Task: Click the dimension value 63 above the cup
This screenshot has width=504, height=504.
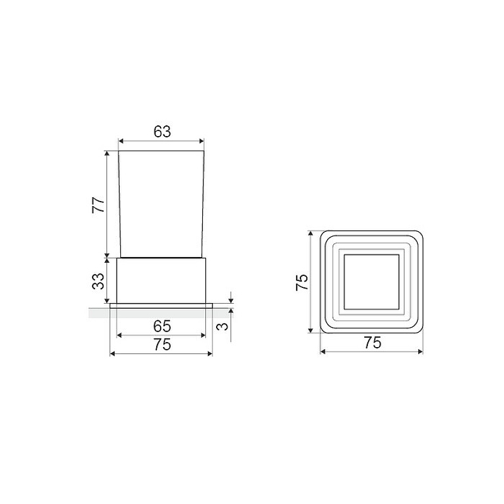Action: click(162, 132)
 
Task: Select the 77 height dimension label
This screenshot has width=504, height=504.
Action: click(98, 205)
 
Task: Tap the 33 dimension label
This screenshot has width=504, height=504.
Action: click(98, 280)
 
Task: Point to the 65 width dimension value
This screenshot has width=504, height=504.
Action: click(162, 326)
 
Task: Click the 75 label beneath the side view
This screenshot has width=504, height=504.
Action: click(162, 345)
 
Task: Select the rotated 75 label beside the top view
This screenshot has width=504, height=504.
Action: click(302, 282)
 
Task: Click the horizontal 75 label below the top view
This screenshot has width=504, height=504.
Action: click(372, 343)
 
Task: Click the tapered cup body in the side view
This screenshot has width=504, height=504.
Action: click(162, 202)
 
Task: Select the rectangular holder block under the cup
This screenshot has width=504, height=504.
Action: click(162, 280)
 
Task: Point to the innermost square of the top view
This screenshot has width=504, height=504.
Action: click(372, 281)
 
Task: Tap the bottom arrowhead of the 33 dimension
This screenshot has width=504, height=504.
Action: click(108, 301)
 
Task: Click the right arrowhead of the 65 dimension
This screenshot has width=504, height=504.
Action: click(203, 335)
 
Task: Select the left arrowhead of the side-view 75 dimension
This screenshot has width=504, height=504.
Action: click(113, 353)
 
